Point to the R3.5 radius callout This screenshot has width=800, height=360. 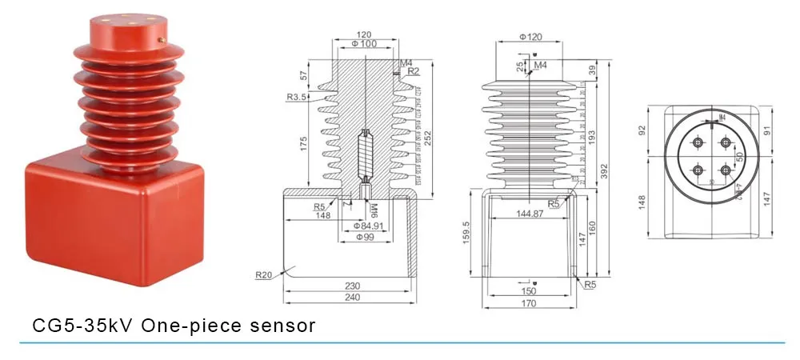point(298,98)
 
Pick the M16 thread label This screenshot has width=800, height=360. point(374,212)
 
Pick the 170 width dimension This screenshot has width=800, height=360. point(528,303)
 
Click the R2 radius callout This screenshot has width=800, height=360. point(413,71)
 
